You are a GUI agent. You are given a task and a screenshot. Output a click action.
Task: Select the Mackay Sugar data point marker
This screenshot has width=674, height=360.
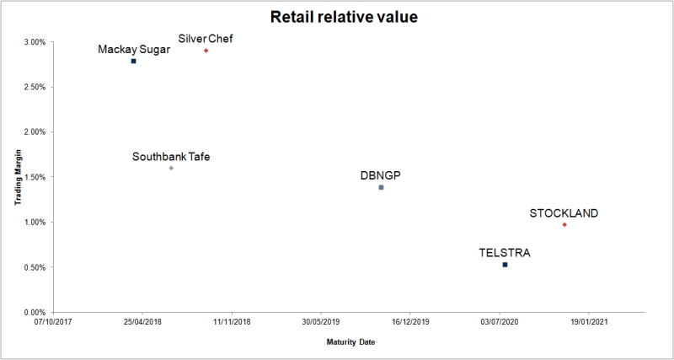click(x=133, y=62)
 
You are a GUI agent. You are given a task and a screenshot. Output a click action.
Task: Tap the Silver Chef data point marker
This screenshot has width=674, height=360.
click(x=206, y=51)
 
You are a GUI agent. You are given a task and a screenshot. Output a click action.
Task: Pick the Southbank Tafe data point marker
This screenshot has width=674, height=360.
click(x=171, y=168)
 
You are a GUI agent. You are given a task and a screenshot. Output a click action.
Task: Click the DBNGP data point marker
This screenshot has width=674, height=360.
click(x=381, y=187)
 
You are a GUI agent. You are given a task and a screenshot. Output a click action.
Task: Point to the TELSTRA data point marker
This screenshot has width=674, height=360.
click(x=505, y=265)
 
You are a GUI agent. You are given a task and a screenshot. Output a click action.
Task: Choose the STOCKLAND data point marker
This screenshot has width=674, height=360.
click(x=564, y=224)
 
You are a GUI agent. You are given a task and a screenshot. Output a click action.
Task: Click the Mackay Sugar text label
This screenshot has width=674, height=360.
click(x=134, y=49)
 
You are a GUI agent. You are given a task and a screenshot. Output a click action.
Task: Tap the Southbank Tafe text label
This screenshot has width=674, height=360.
click(x=171, y=156)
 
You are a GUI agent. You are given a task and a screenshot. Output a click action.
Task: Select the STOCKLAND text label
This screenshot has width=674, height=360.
click(x=564, y=213)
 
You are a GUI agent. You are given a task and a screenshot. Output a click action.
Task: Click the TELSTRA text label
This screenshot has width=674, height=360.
click(x=505, y=252)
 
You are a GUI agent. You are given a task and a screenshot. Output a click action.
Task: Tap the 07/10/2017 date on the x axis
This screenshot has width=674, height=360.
click(x=54, y=321)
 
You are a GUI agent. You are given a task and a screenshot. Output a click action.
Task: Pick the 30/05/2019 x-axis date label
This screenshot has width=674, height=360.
click(x=320, y=321)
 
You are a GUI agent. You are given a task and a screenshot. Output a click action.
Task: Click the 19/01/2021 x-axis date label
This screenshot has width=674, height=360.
click(x=587, y=321)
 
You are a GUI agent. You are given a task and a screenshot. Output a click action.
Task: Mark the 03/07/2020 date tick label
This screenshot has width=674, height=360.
click(x=498, y=321)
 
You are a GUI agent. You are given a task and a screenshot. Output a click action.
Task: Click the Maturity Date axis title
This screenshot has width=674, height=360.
click(x=348, y=342)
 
